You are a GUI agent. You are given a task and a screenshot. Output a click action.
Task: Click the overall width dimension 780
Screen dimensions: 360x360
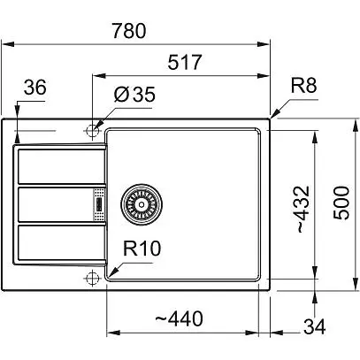click(136, 29)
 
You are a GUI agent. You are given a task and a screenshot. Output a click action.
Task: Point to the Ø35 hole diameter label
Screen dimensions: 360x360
click(132, 95)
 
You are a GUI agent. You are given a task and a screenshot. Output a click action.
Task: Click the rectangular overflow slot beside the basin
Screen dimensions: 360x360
click(98, 205)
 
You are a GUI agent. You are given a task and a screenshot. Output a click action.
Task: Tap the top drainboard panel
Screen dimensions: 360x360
click(58, 168)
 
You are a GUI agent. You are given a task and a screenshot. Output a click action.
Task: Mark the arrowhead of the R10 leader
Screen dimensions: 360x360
click(110, 277)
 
